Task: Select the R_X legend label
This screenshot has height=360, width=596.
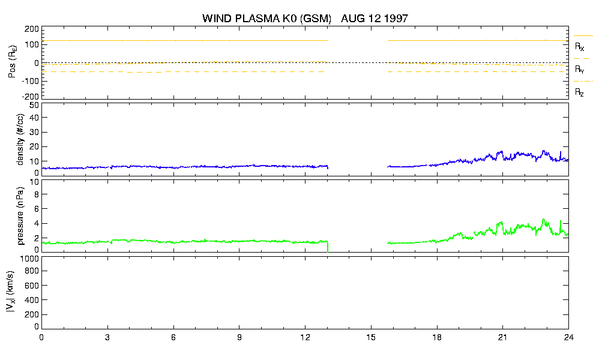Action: click(580, 47)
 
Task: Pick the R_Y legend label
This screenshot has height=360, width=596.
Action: click(580, 69)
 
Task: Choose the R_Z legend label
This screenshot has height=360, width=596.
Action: click(579, 92)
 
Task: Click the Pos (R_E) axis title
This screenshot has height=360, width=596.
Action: click(12, 62)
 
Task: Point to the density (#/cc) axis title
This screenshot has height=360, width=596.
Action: click(20, 139)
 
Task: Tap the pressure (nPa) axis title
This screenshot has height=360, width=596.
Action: click(20, 216)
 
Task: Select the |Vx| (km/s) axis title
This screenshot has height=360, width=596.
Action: click(11, 292)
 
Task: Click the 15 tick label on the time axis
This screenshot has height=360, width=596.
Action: click(371, 337)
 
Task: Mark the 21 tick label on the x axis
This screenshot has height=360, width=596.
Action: click(502, 337)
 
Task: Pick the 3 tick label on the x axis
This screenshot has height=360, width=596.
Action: click(107, 337)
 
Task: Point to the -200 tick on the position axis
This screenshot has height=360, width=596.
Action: click(31, 97)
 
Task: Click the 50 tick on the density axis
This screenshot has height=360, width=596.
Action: click(34, 105)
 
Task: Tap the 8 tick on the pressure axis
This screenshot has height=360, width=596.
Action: click(37, 194)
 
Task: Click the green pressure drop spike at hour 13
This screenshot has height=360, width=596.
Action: click(328, 247)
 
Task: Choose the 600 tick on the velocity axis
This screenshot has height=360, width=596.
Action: click(32, 286)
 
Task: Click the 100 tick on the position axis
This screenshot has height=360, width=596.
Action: click(32, 44)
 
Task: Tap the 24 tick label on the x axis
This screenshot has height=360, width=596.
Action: click(568, 337)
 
